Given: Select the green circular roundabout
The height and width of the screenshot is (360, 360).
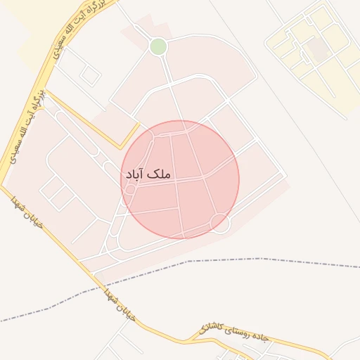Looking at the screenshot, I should (x=158, y=47).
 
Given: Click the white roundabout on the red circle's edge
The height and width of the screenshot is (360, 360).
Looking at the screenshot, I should (x=221, y=224).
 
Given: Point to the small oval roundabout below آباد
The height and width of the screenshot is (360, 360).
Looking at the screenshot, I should (x=130, y=189).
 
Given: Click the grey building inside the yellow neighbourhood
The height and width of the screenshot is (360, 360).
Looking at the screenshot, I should (x=319, y=49).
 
